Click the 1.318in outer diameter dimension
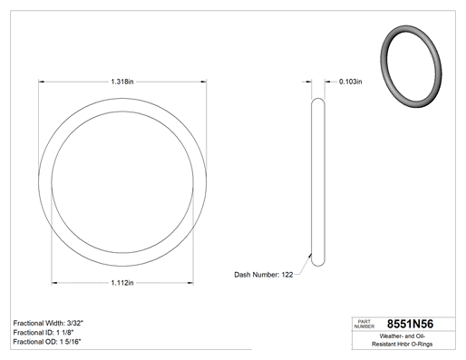[122, 82]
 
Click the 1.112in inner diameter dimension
[122, 283]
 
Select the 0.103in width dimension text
[351, 82]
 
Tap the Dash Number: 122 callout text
[264, 275]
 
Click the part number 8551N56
[410, 324]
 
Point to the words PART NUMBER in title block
[364, 324]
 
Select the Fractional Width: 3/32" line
[48, 323]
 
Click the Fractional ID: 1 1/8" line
[44, 333]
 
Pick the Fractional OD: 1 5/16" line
[47, 342]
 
